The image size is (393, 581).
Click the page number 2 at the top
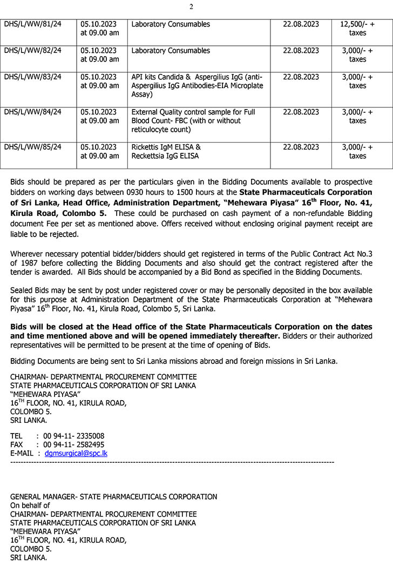(x=191, y=7)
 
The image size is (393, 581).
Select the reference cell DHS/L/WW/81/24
(x=33, y=24)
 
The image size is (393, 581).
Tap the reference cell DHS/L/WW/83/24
(x=33, y=77)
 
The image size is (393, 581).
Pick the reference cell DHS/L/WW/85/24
(x=33, y=147)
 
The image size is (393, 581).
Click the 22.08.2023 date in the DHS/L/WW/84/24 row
(x=301, y=112)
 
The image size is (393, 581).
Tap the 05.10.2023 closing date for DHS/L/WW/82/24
(x=99, y=51)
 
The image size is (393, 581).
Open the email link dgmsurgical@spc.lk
(x=76, y=454)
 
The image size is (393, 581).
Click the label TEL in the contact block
(x=16, y=436)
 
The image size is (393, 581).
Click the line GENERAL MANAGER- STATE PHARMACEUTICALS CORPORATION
(x=113, y=497)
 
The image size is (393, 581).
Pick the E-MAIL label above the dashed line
(x=22, y=454)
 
